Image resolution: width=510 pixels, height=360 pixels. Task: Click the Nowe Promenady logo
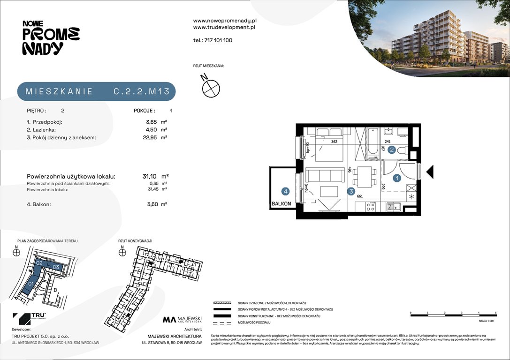tap(51, 37)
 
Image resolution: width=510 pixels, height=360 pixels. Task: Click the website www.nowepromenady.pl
tap(224, 21)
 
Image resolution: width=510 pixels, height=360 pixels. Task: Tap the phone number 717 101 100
tap(219, 40)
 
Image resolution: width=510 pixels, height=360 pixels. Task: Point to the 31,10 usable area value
tap(150, 176)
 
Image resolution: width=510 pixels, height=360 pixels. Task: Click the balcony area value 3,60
tap(152, 204)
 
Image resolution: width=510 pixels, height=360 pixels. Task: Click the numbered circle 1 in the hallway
tap(397, 178)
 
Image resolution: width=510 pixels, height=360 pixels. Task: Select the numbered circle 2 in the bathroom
tap(392, 150)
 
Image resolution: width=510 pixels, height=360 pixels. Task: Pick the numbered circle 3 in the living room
tap(351, 191)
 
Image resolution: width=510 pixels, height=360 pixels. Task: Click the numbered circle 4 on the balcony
tap(285, 191)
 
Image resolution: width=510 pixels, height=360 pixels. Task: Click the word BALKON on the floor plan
tap(281, 204)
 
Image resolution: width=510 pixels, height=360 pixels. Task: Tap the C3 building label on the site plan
tap(56, 267)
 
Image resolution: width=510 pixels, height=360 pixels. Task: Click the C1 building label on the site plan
tap(30, 283)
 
